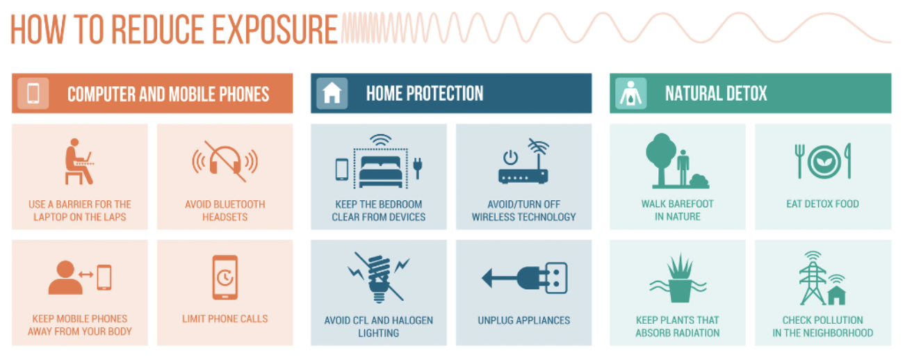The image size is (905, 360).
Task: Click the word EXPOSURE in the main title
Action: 275,29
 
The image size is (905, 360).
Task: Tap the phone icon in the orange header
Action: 33,93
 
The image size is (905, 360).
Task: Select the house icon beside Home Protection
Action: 332,93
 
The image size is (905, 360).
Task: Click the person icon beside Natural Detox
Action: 630,93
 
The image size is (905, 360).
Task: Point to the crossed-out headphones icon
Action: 225,161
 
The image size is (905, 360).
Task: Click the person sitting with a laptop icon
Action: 79,161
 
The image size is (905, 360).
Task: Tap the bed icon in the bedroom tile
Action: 381,172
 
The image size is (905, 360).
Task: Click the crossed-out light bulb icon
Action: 379,277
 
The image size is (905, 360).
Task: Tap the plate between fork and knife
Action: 824,162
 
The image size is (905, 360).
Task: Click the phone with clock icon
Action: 225,277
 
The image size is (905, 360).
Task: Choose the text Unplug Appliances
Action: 523,320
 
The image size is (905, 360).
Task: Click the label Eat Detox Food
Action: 822,204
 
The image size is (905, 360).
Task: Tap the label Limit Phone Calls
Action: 225,319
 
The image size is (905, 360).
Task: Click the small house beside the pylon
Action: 837,295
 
